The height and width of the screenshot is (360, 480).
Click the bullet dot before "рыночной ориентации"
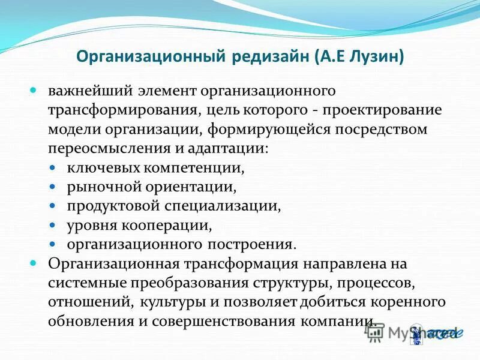53,187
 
